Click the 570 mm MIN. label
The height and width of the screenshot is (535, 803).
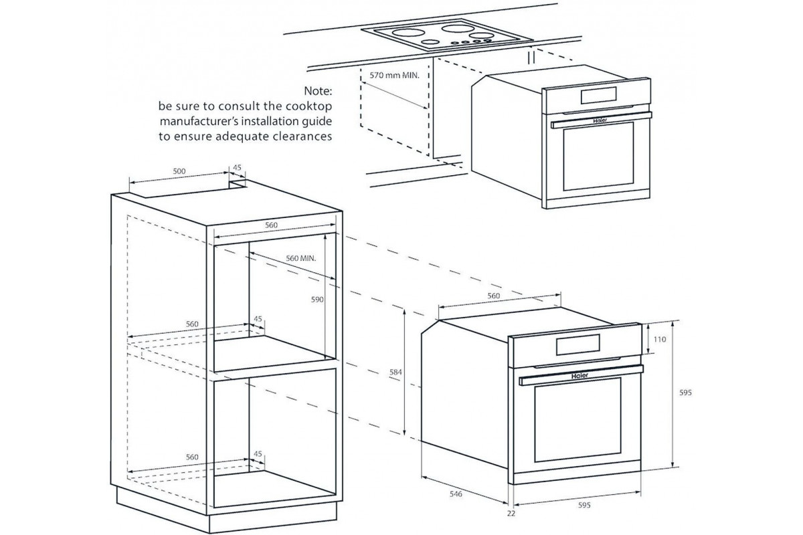(x=395, y=76)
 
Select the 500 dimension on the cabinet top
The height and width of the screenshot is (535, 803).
(x=179, y=171)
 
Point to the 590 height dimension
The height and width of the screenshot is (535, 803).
(x=317, y=300)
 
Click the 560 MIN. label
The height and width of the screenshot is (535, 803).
(x=300, y=257)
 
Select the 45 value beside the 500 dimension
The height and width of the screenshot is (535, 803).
(x=236, y=169)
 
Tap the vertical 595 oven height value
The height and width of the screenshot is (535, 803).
(x=684, y=393)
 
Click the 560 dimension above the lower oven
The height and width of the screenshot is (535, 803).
(x=493, y=296)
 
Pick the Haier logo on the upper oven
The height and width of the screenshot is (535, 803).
(x=600, y=121)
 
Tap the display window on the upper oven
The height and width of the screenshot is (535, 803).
(x=598, y=95)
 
